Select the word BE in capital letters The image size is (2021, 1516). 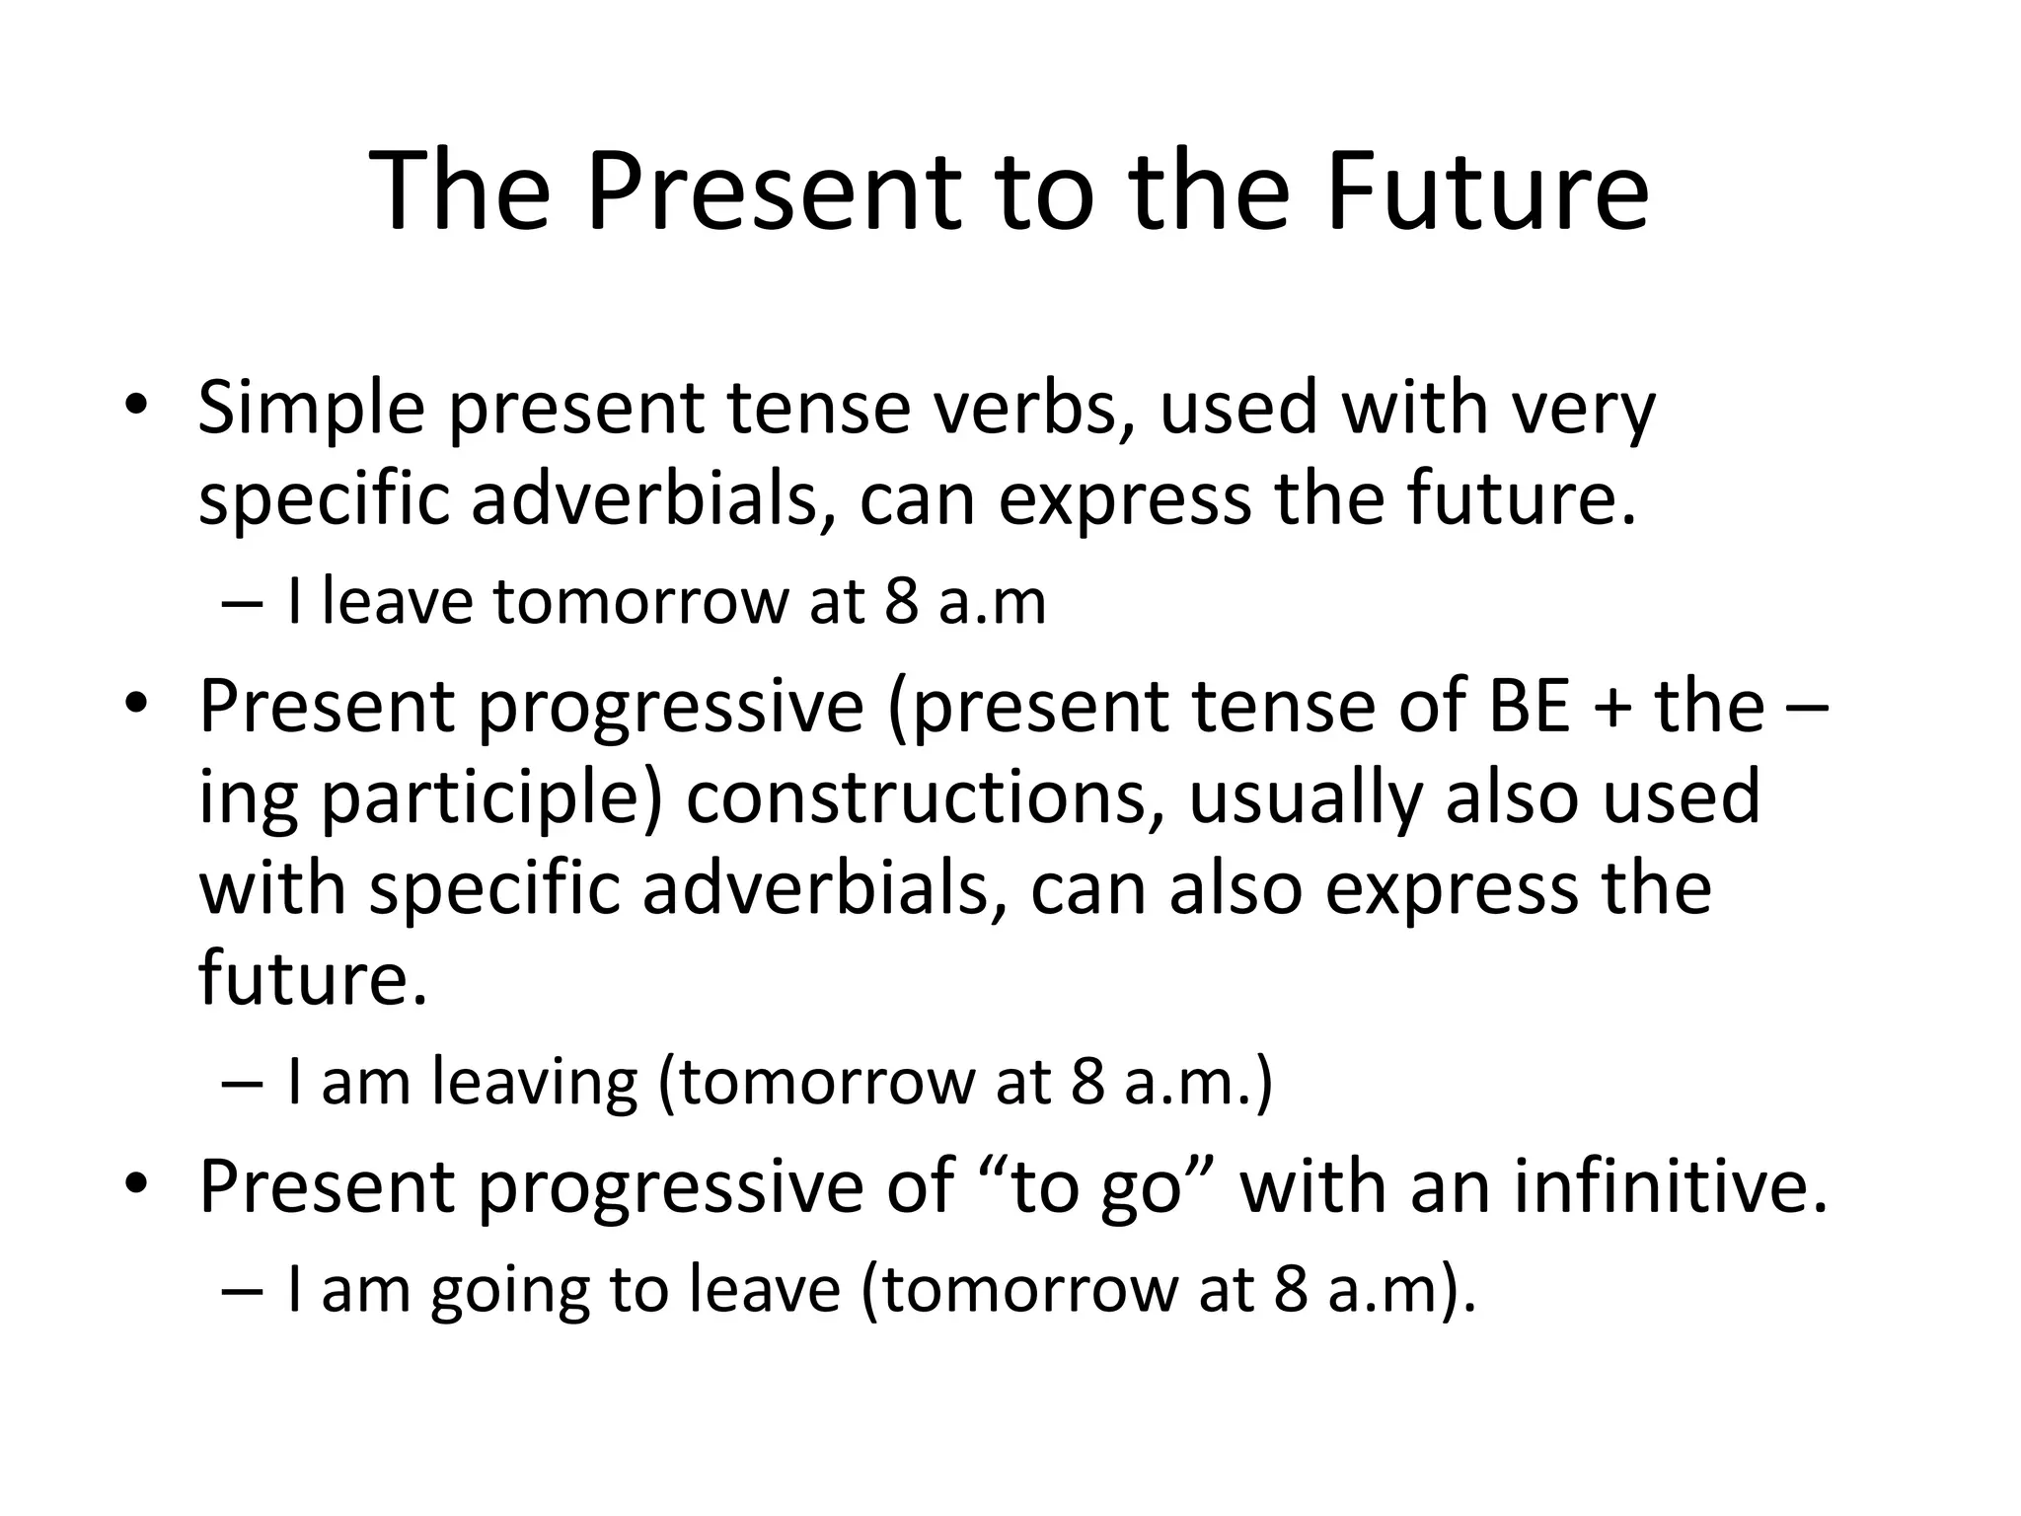point(1530,707)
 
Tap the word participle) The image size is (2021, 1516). point(490,797)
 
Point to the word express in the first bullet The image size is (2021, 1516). point(1125,499)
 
